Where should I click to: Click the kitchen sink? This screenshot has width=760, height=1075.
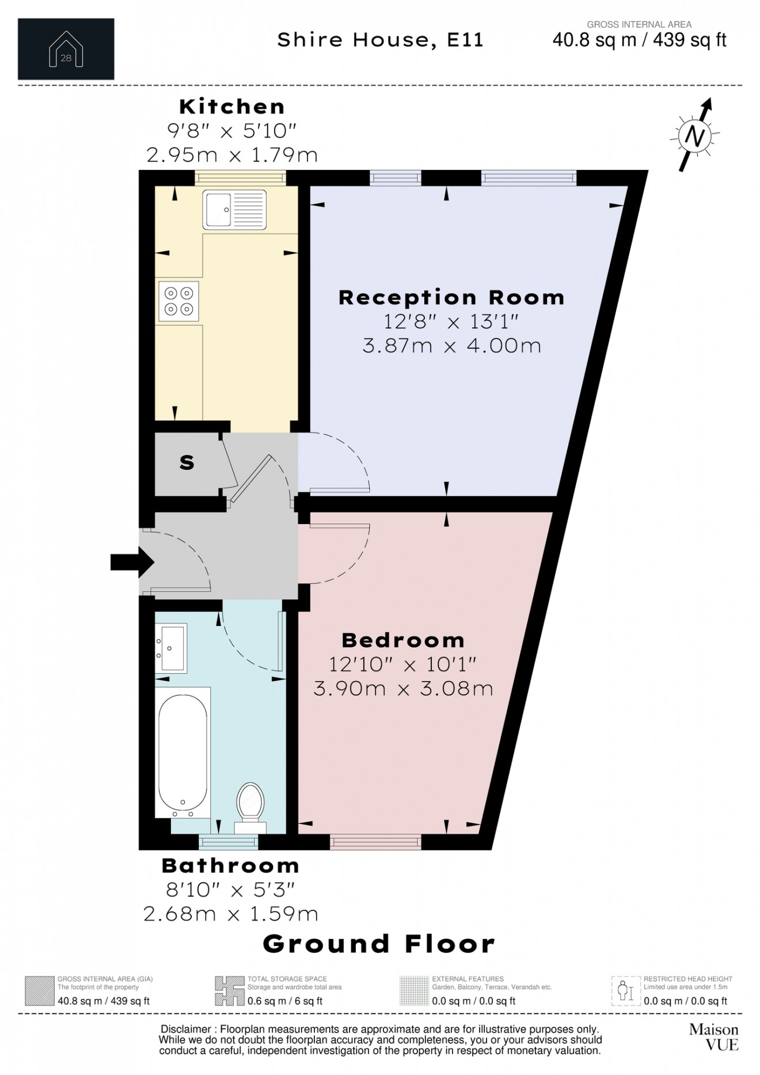[234, 209]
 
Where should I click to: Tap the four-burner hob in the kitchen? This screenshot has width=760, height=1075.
[178, 301]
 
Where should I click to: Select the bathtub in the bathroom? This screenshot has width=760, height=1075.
[183, 752]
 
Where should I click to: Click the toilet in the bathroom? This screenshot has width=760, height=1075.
[250, 807]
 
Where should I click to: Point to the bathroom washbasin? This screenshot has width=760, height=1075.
[171, 648]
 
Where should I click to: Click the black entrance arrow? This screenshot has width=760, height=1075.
[132, 562]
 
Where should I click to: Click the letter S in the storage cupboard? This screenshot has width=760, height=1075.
[187, 462]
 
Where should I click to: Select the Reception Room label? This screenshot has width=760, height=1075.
[451, 297]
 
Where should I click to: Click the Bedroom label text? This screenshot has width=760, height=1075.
[403, 640]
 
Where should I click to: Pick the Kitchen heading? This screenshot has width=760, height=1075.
[232, 107]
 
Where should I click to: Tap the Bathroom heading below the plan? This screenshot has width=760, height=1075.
[230, 865]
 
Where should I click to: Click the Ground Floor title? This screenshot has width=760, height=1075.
[379, 944]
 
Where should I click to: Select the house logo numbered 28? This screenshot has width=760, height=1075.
[66, 49]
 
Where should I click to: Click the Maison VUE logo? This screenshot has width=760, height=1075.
[713, 1036]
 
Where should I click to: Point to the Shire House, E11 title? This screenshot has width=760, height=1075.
[380, 40]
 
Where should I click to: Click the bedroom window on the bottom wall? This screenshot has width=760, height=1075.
[376, 842]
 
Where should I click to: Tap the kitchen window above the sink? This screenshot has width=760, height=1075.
[241, 178]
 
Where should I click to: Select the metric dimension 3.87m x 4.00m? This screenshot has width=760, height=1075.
[452, 345]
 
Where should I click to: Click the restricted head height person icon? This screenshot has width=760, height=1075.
[626, 991]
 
